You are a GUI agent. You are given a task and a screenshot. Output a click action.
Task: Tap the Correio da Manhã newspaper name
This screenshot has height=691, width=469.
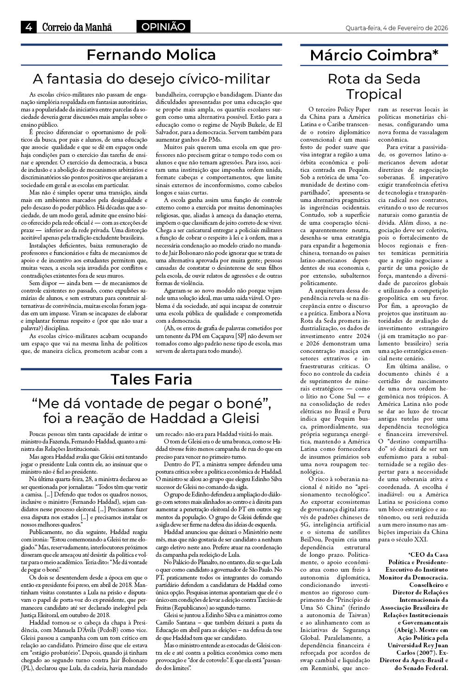77,27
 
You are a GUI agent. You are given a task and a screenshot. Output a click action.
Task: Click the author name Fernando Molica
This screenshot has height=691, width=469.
151,55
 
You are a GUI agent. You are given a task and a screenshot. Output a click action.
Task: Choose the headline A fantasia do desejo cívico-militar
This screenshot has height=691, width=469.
151,78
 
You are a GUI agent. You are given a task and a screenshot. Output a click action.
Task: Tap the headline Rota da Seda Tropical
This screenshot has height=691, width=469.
374,86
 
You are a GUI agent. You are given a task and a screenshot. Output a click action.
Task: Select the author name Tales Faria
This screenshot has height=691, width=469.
151,379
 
